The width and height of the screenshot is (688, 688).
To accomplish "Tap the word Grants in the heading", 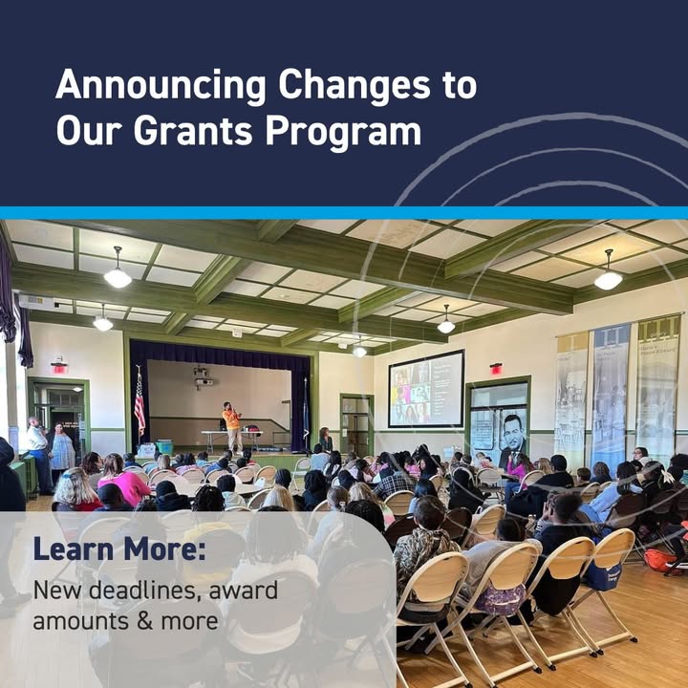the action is coord(193,131).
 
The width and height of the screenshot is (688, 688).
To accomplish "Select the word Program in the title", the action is coord(344,132).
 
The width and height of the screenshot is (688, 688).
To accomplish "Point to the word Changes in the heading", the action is coord(355,85).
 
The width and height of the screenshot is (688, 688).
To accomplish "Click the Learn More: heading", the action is coord(119,548).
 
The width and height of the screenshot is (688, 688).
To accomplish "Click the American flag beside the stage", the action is coord(140,403).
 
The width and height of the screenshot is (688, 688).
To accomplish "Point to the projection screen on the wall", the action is coord(426,389).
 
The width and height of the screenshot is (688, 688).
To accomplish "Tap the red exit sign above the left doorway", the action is coord(59,368).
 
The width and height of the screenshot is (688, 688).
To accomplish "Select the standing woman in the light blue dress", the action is coord(61,451).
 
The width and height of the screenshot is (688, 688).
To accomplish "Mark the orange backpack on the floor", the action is coord(661,561).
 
